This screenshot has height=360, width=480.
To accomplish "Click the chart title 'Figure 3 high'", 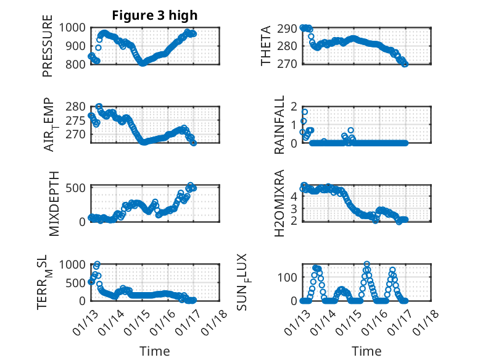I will point(155,15).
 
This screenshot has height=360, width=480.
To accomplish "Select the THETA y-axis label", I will point(266,46).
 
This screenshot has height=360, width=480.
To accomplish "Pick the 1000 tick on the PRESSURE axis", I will point(75,27).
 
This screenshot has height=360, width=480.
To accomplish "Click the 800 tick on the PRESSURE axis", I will point(77,64).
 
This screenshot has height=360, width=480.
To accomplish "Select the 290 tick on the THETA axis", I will point(289,28).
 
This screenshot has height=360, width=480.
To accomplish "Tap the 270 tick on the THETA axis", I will point(289,64).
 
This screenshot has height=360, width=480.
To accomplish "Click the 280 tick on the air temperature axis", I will point(77,106).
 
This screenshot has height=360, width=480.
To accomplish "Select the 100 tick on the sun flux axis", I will point(289,277).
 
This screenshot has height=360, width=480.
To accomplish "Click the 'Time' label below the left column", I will point(155,351).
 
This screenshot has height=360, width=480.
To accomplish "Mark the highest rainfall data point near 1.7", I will point(304,112).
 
